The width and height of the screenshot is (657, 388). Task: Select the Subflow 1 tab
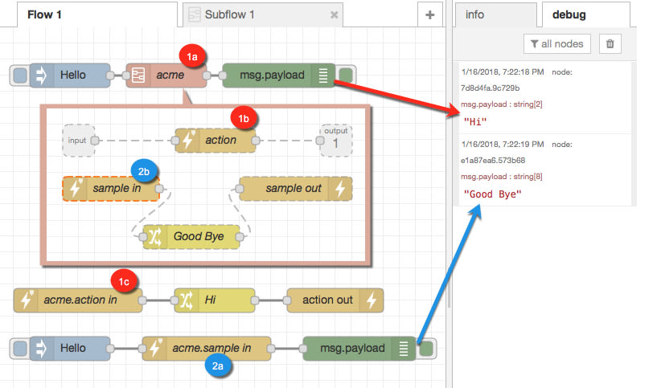coord(230,14)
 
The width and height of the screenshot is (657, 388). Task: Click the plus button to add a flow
coord(429,14)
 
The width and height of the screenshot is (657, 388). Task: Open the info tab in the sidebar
coord(475,14)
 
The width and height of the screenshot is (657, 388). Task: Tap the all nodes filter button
coord(556,43)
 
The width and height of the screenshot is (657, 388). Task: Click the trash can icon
coord(610,43)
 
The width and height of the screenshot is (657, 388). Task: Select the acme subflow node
coord(166,76)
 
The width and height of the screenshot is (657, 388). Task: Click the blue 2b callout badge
coord(142,169)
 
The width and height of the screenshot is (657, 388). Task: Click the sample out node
coord(294,189)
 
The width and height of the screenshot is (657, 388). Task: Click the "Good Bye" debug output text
coord(487,194)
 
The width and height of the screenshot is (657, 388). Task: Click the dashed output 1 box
coord(335,139)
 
